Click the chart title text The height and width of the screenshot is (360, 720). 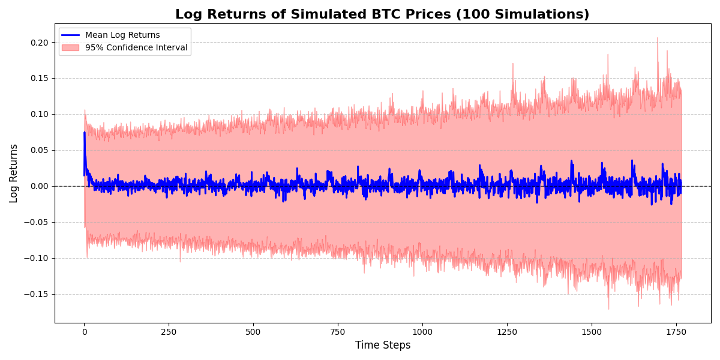pos(382,14)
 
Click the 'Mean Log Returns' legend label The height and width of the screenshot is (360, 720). pos(122,35)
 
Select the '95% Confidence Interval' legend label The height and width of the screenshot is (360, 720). pos(136,48)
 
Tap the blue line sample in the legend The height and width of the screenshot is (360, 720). pos(71,35)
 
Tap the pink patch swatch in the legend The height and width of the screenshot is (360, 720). pos(71,48)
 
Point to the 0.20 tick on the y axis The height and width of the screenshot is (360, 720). pos(40,43)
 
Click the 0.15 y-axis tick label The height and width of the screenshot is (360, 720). pos(40,79)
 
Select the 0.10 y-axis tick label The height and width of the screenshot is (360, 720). pos(40,115)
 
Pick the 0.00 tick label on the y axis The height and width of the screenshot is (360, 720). pos(40,187)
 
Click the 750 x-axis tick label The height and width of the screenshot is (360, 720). pos(338,331)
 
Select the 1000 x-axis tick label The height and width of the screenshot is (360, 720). pos(422,331)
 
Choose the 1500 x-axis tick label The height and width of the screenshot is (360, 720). pos(592,331)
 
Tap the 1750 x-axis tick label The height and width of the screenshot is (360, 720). pos(676,331)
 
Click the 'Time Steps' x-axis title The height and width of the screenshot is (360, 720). pos(383,346)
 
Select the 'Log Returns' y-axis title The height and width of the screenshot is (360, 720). pos(14,173)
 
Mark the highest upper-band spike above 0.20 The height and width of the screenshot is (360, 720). pos(658,38)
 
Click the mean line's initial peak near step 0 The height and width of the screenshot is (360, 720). pos(84,133)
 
